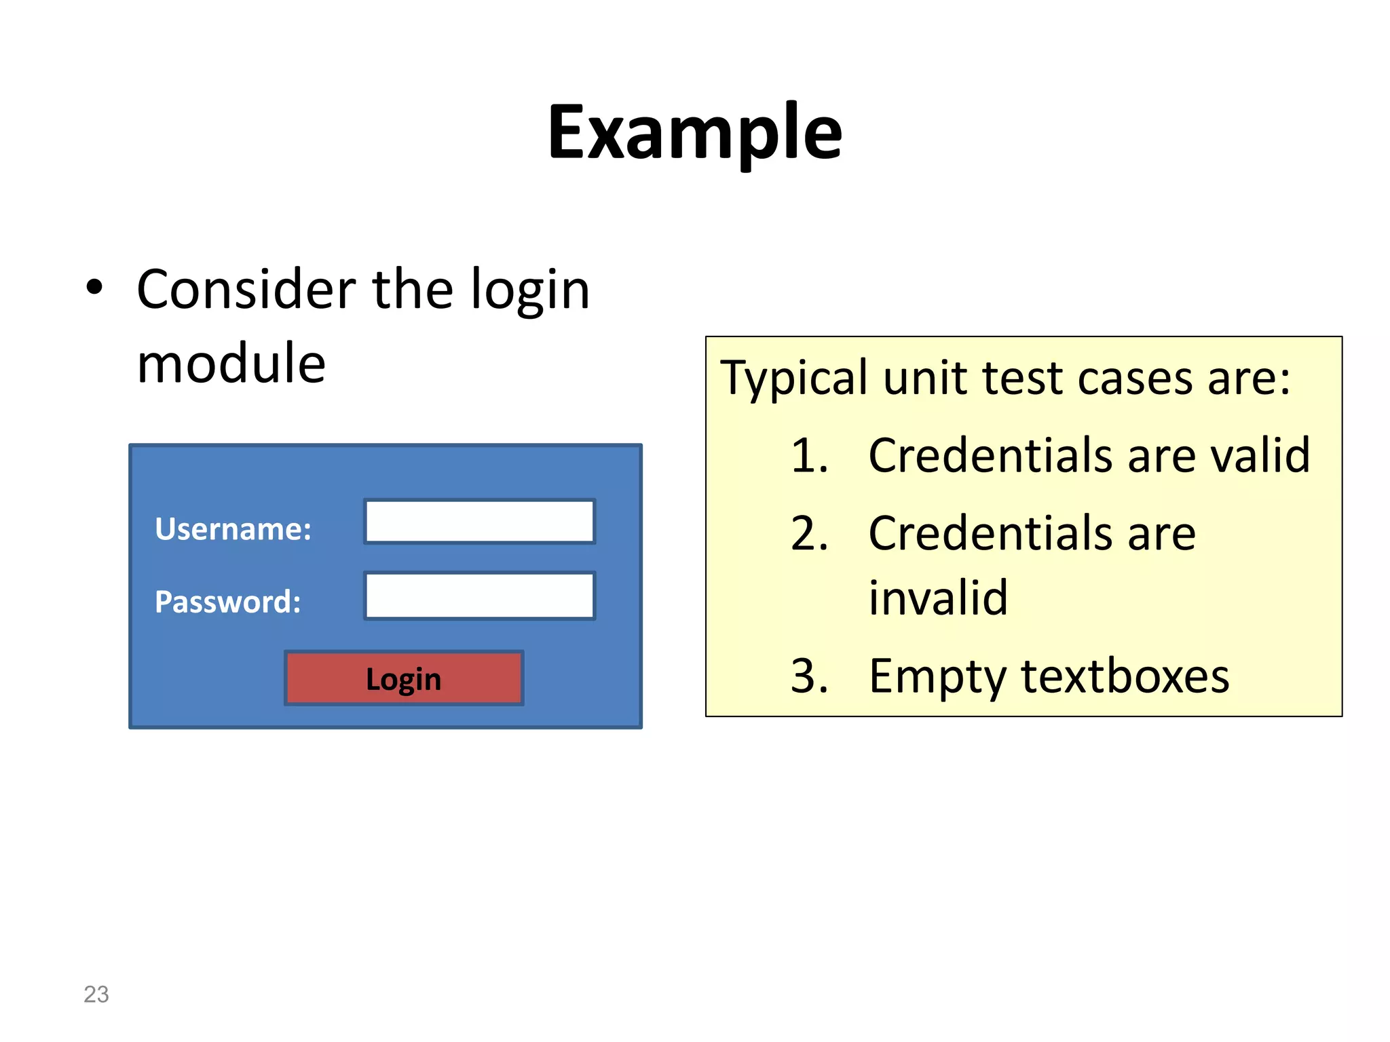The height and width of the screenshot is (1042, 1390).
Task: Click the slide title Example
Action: pyautogui.click(x=694, y=132)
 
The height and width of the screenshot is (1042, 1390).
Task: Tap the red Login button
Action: pyautogui.click(x=404, y=678)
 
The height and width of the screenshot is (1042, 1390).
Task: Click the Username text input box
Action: pyautogui.click(x=480, y=521)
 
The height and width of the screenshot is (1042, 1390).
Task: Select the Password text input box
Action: pyautogui.click(x=480, y=596)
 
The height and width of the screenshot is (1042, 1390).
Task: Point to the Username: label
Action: pyautogui.click(x=233, y=529)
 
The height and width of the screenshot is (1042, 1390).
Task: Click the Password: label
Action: pyautogui.click(x=227, y=602)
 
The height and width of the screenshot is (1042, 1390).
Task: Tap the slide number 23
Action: pyautogui.click(x=96, y=994)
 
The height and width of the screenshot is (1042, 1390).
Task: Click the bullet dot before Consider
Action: pyautogui.click(x=94, y=288)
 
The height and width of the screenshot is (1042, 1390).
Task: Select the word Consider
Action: pyautogui.click(x=246, y=290)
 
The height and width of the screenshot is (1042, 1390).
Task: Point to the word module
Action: pyautogui.click(x=231, y=364)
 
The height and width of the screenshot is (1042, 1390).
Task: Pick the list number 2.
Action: pyautogui.click(x=809, y=533)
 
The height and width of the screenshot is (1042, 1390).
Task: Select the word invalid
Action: pyautogui.click(x=938, y=598)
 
